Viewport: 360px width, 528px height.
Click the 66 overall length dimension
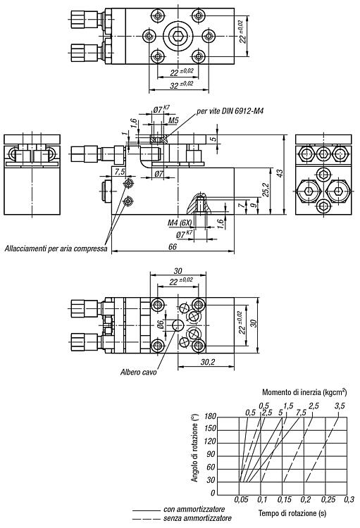click(172, 247)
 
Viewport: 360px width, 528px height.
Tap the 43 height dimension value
click(280, 172)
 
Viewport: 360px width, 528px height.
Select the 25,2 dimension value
click(266, 190)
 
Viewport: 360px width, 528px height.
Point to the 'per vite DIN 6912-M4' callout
click(230, 111)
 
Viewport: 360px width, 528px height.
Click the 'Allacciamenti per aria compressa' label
click(56, 249)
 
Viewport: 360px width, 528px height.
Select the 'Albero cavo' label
click(139, 372)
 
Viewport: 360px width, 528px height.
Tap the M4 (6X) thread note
click(180, 223)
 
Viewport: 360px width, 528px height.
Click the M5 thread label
click(173, 120)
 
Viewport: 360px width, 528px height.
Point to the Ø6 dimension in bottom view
click(161, 325)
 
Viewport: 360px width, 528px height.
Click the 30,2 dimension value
click(208, 362)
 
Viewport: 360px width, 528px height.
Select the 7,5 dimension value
click(119, 172)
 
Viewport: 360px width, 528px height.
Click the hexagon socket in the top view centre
click(178, 34)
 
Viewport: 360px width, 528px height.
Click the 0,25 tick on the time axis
click(327, 500)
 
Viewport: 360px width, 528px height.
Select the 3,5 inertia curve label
click(340, 406)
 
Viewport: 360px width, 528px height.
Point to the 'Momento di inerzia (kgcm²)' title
click(304, 391)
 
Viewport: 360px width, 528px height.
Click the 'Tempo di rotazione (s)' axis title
click(292, 513)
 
